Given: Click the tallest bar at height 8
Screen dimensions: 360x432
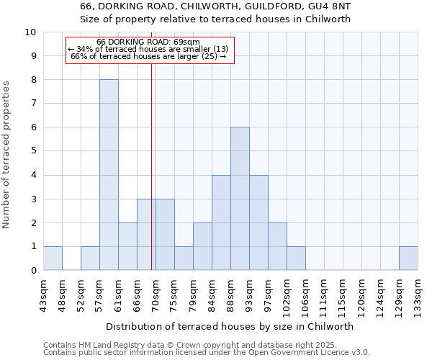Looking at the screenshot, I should pos(109,175).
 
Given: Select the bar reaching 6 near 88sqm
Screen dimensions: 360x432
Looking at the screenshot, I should pos(240,199).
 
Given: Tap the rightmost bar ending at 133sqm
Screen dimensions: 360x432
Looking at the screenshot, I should pos(408,258).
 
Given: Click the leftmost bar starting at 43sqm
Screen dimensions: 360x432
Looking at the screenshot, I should pos(53,258).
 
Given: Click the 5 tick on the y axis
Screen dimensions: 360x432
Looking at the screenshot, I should pos(32,151).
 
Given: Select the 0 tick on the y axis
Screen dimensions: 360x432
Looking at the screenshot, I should pos(32,271).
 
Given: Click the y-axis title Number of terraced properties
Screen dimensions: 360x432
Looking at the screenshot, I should pos(7,154).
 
